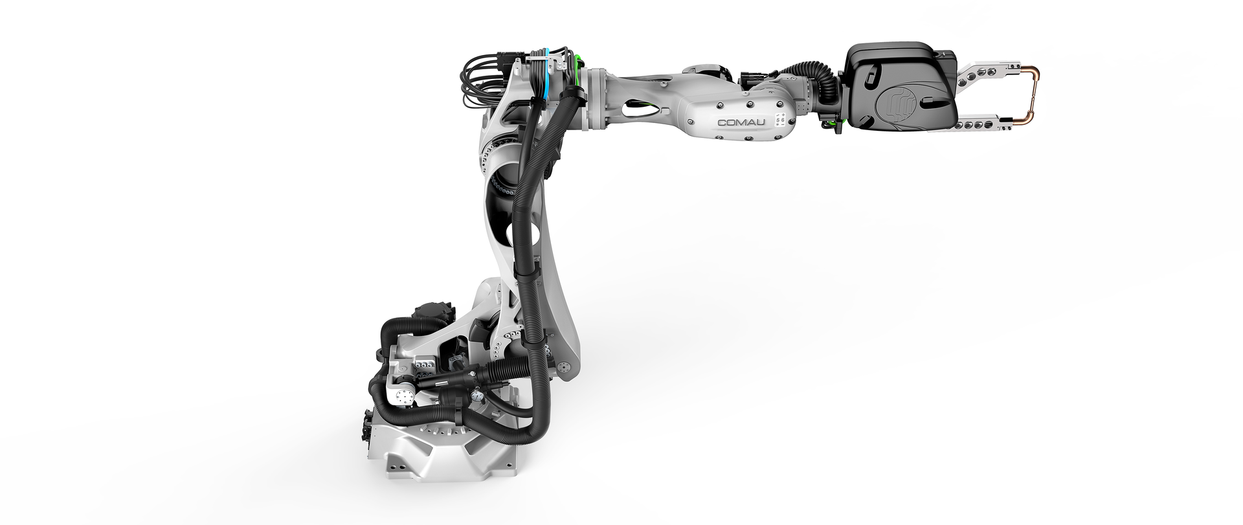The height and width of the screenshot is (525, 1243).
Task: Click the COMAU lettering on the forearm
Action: [x=741, y=122]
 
